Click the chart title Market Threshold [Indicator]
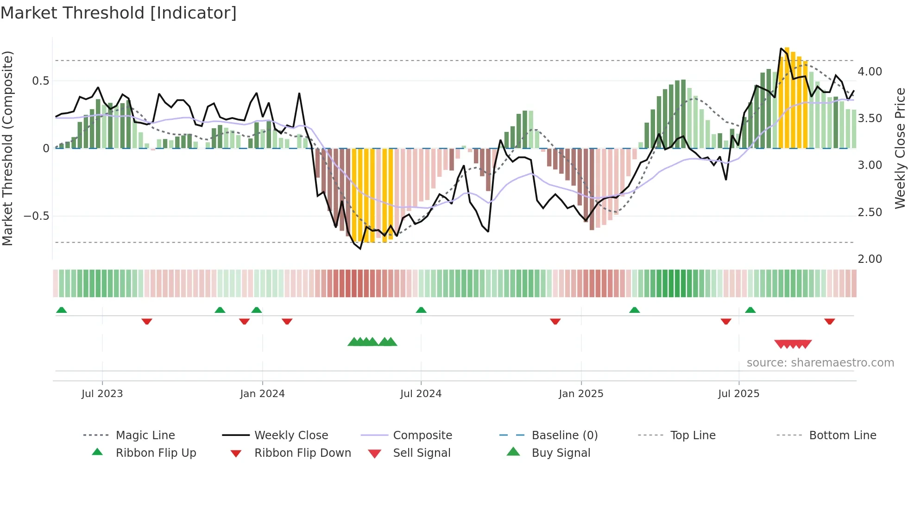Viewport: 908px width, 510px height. pyautogui.click(x=119, y=13)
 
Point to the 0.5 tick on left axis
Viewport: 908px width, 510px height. pyautogui.click(x=40, y=81)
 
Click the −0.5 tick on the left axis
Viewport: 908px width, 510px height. pyautogui.click(x=36, y=216)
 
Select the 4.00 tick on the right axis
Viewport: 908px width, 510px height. pyautogui.click(x=870, y=72)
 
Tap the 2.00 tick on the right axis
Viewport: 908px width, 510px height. pyautogui.click(x=870, y=259)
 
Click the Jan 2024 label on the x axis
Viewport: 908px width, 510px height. pyautogui.click(x=262, y=394)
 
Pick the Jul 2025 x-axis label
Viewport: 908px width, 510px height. pyautogui.click(x=738, y=394)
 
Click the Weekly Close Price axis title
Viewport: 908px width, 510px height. pyautogui.click(x=900, y=148)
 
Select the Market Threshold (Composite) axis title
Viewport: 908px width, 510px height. pyautogui.click(x=7, y=148)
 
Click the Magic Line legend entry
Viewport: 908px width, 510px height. pyautogui.click(x=145, y=435)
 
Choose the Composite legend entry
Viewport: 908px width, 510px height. pyautogui.click(x=422, y=435)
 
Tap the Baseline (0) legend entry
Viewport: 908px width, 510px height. pyautogui.click(x=564, y=435)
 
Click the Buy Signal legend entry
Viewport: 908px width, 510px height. pyautogui.click(x=561, y=453)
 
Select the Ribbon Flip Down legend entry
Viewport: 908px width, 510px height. pyautogui.click(x=302, y=453)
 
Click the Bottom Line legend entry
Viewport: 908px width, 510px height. pyautogui.click(x=842, y=435)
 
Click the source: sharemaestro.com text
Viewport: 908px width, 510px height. pyautogui.click(x=820, y=363)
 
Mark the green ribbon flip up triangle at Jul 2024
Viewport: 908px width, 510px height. pyautogui.click(x=421, y=310)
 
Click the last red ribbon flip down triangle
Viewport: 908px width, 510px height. pyautogui.click(x=829, y=321)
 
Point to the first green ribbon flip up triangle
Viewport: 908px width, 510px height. pyautogui.click(x=61, y=310)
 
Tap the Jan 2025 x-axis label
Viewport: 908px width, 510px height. pyautogui.click(x=581, y=394)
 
